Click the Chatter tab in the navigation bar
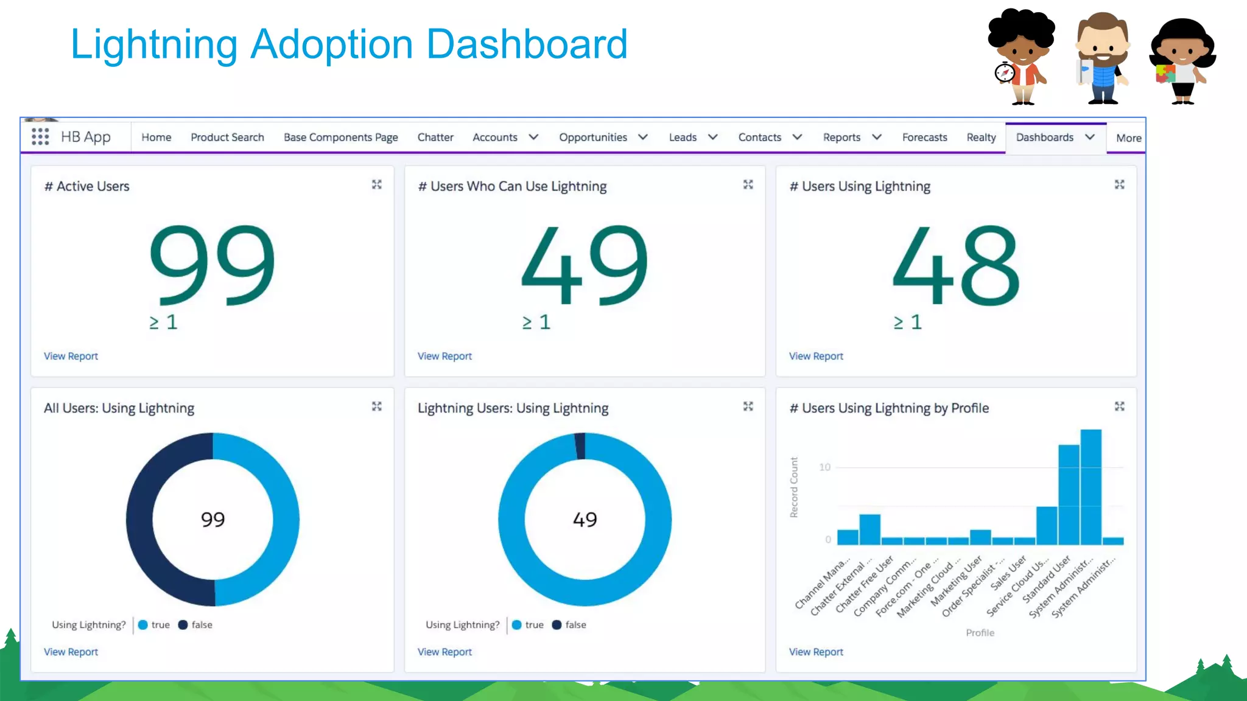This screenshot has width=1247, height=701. [x=435, y=138]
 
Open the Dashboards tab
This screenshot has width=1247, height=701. [x=1044, y=138]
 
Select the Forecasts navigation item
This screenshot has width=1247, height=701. [x=924, y=138]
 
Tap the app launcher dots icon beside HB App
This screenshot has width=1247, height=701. [x=40, y=136]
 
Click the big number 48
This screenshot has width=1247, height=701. [x=955, y=265]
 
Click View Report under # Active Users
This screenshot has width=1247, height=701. [x=71, y=356]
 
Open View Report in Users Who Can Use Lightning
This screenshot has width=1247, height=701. [x=444, y=356]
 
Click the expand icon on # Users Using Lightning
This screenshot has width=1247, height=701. [x=1119, y=184]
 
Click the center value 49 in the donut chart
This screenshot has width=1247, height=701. [x=585, y=519]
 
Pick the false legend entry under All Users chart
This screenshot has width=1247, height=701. [x=195, y=625]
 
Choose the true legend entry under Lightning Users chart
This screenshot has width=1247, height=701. [x=528, y=625]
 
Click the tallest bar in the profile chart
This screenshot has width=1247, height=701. [x=1091, y=487]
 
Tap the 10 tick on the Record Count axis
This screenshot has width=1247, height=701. [x=824, y=467]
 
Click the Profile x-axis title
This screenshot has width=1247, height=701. [x=980, y=633]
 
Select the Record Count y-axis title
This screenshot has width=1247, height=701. [x=794, y=487]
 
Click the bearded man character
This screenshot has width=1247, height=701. [x=1102, y=58]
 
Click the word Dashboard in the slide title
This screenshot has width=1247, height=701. [x=527, y=44]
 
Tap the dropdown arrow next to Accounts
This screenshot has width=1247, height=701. [x=533, y=138]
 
